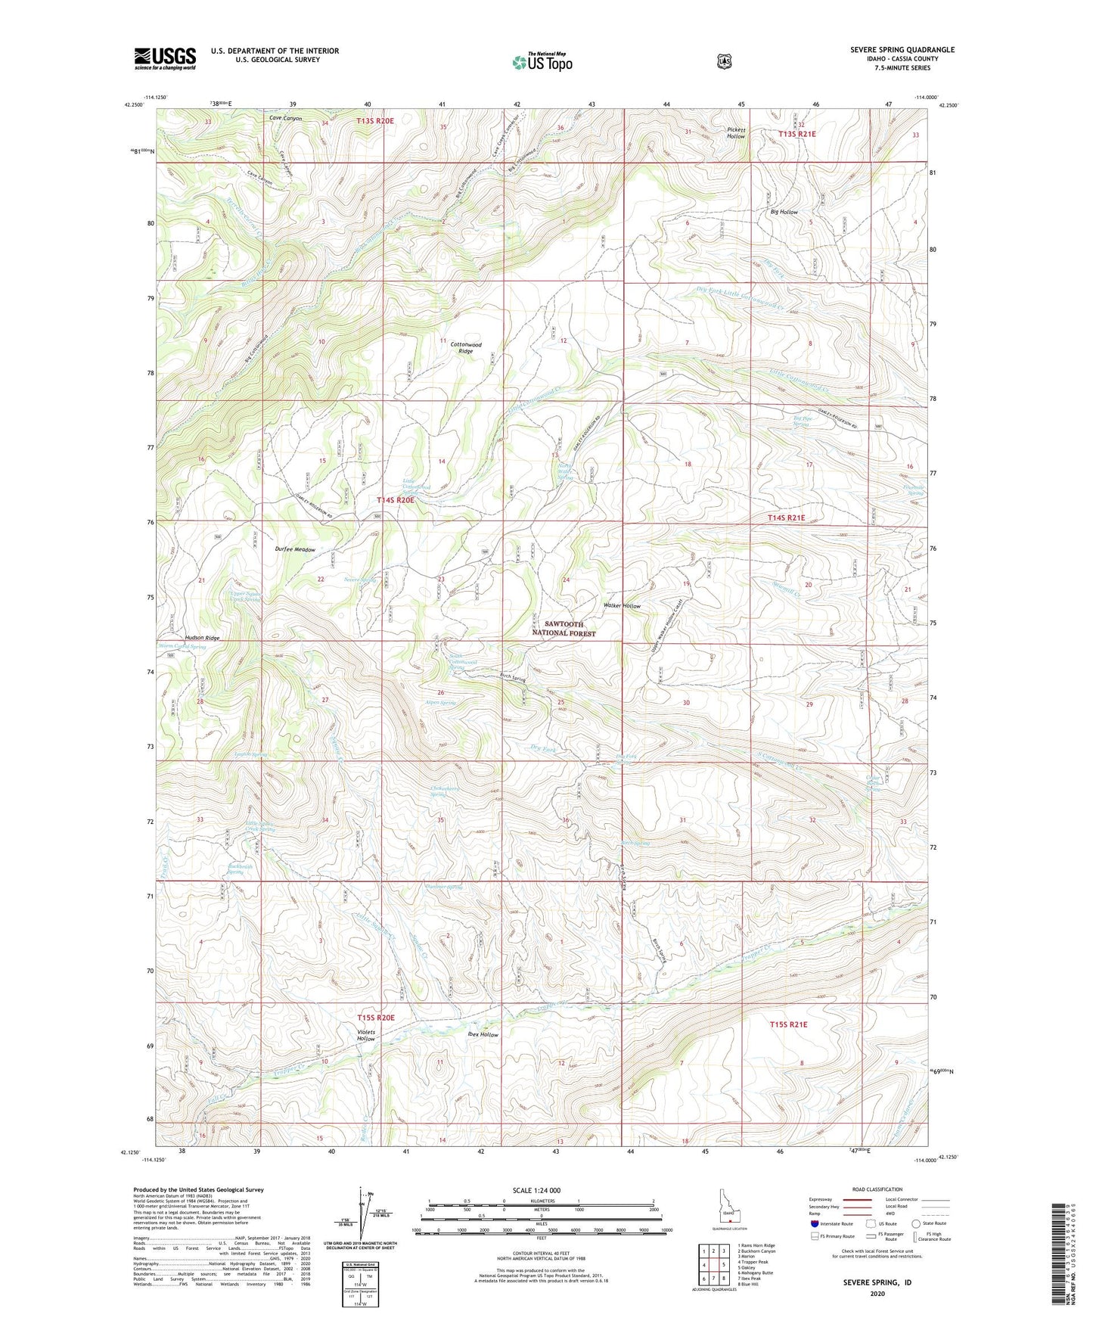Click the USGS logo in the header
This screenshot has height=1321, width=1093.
click(x=165, y=58)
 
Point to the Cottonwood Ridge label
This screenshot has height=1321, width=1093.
click(x=466, y=347)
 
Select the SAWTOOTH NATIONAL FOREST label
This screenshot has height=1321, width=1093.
click(x=570, y=629)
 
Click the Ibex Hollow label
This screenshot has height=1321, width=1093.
click(x=483, y=1034)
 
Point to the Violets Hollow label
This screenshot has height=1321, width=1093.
click(x=366, y=1035)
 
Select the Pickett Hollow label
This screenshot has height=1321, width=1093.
click(x=736, y=132)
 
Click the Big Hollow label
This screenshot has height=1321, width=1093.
click(x=784, y=212)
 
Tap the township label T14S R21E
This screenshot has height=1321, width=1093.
click(x=787, y=518)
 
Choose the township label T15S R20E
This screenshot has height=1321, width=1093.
click(x=376, y=1018)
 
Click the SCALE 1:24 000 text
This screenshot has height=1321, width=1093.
click(x=536, y=1190)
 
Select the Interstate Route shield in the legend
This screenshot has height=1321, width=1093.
click(x=814, y=1223)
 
